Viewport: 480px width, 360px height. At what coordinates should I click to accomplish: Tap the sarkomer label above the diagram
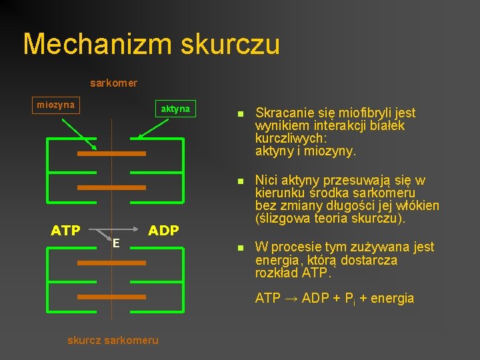click(x=114, y=83)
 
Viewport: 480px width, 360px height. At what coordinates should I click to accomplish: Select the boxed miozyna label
click(x=56, y=105)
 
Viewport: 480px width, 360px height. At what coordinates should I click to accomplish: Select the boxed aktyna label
click(x=175, y=108)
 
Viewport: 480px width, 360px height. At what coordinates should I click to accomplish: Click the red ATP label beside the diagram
click(x=65, y=231)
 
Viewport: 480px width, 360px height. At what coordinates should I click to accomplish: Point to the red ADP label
click(x=163, y=231)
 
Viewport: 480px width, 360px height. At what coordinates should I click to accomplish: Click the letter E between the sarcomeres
click(x=115, y=243)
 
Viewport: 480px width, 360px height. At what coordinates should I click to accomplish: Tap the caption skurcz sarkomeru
click(x=113, y=340)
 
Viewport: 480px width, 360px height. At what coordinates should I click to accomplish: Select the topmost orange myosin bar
click(x=111, y=153)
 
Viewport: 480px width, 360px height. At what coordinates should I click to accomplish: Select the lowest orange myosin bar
click(x=111, y=297)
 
